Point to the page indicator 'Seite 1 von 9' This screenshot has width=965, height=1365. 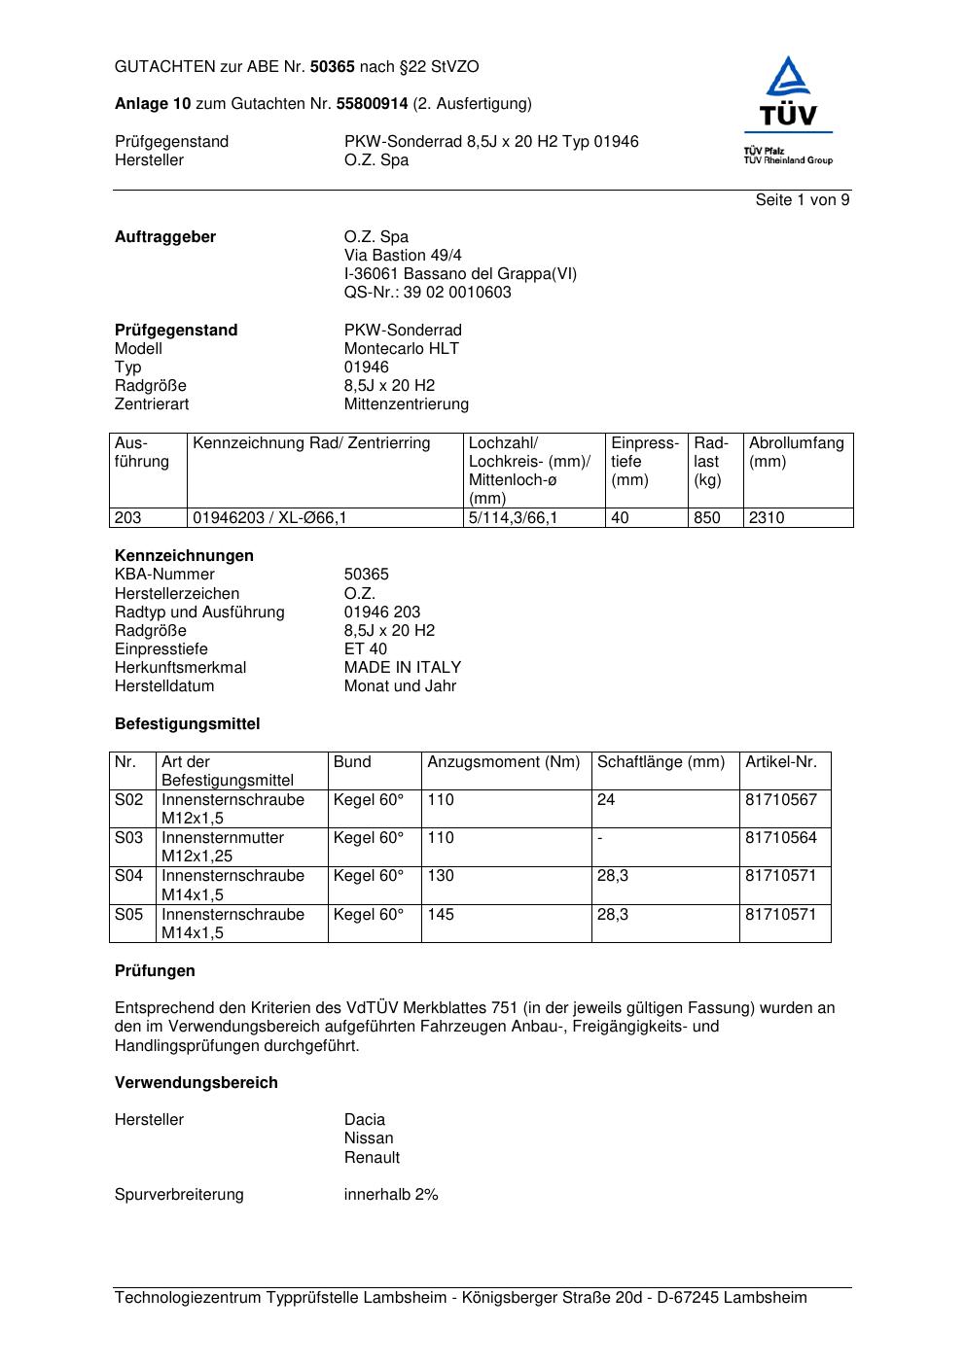803,200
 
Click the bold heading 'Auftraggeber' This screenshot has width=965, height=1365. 165,237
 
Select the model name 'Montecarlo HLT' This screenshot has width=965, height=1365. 401,349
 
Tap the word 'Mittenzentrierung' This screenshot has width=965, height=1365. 406,404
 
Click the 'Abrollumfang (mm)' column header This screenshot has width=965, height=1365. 796,452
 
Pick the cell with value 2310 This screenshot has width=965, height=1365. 766,518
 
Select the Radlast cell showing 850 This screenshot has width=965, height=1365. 706,518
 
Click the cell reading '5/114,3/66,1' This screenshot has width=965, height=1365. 513,518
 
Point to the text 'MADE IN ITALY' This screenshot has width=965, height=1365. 402,668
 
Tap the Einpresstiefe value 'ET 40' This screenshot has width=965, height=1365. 365,649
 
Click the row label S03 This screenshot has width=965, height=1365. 128,838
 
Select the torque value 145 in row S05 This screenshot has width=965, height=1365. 441,915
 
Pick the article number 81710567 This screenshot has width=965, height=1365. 781,800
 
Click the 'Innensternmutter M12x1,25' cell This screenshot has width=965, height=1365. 223,847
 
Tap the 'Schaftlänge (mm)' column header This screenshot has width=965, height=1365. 661,762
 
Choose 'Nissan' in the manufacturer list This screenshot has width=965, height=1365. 369,1138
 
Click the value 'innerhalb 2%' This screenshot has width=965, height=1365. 391,1195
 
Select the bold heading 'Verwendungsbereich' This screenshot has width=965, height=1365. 196,1083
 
